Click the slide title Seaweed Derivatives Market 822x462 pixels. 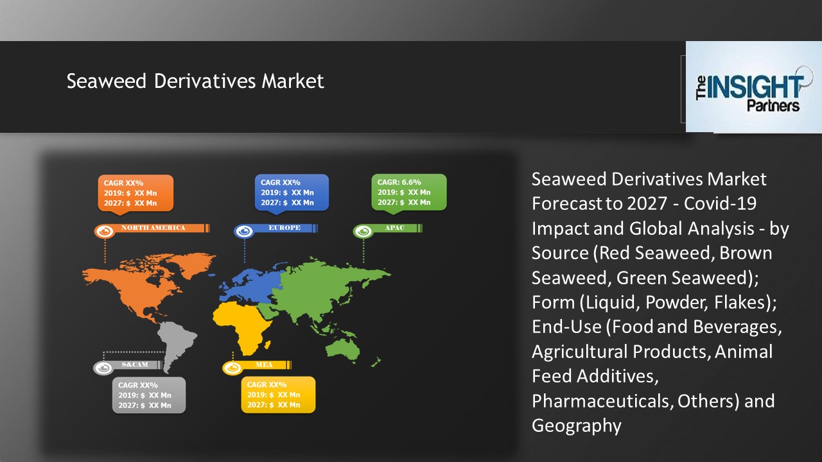pyautogui.click(x=195, y=81)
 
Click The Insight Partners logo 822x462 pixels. pyautogui.click(x=753, y=87)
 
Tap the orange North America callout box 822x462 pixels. pyautogui.click(x=135, y=193)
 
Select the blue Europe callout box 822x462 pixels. pyautogui.click(x=291, y=193)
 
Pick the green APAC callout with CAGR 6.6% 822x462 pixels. pyautogui.click(x=408, y=193)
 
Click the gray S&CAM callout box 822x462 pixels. pyautogui.click(x=148, y=395)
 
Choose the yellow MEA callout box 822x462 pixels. pyautogui.click(x=277, y=395)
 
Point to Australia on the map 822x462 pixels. pyautogui.click(x=343, y=347)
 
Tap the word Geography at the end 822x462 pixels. pyautogui.click(x=576, y=425)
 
